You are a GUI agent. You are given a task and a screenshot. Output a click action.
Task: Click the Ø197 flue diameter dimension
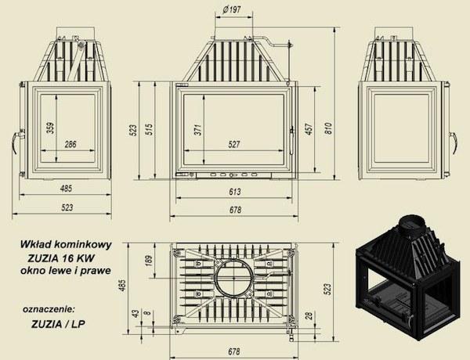pos(233,10)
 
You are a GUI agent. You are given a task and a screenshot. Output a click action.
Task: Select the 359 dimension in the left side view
pos(51,128)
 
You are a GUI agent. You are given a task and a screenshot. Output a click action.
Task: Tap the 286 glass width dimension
pos(70,144)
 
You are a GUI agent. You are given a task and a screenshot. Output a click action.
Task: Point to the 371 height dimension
pos(198,130)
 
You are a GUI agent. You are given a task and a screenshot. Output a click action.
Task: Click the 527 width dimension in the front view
pos(234,144)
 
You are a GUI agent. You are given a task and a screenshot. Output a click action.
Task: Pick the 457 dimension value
pos(309,129)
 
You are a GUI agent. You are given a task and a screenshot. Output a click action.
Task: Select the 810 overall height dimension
pos(329,128)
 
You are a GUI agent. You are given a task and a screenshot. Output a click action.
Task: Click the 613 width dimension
pos(235,192)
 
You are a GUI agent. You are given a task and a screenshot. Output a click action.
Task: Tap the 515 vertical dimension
pos(149,129)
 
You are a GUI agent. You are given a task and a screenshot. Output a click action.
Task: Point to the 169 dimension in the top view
pos(149,260)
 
